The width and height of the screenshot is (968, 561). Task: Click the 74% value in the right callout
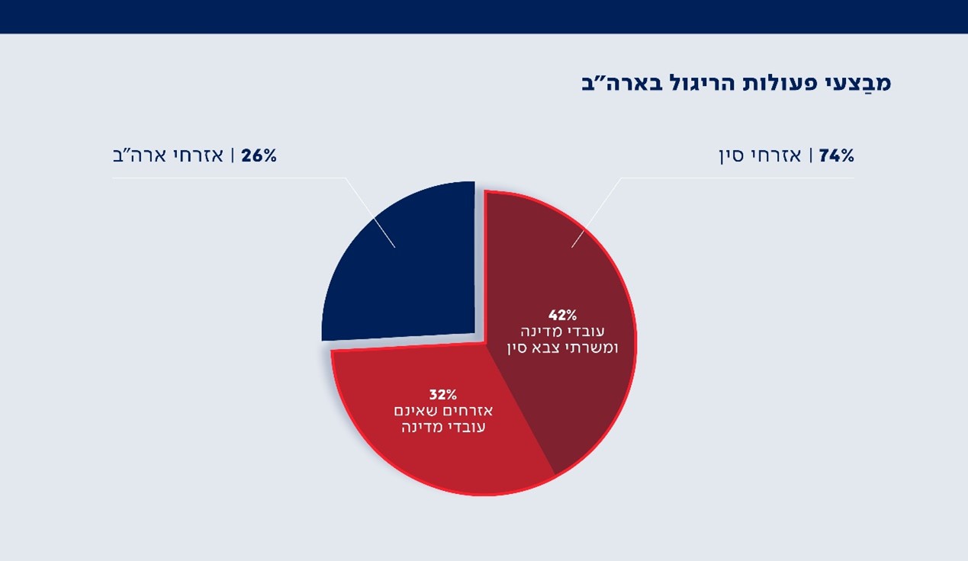pos(837,155)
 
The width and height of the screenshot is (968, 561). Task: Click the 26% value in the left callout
pos(259,155)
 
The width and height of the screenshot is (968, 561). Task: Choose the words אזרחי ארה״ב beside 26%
pos(168,155)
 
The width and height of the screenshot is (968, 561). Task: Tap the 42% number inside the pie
pos(563,316)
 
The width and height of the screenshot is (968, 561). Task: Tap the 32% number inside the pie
pos(443,394)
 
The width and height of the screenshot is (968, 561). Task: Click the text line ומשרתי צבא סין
pos(563,348)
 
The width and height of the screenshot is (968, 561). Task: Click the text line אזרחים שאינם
pos(443,411)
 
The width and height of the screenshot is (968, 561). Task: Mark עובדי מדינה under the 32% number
pos(443,427)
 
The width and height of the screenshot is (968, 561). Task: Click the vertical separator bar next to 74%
pos(810,155)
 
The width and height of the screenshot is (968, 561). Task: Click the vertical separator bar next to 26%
pos(233,155)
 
